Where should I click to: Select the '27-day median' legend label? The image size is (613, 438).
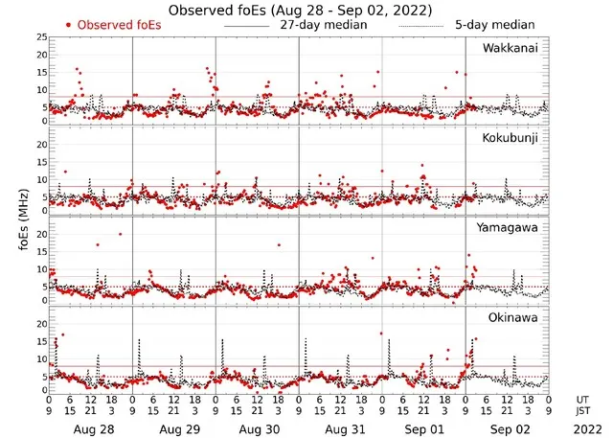[323, 24]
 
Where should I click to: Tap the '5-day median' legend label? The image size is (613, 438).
[495, 24]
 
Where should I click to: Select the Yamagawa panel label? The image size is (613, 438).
[511, 228]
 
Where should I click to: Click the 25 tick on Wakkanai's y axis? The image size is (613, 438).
[40, 36]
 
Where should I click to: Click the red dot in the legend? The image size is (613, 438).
[69, 24]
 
